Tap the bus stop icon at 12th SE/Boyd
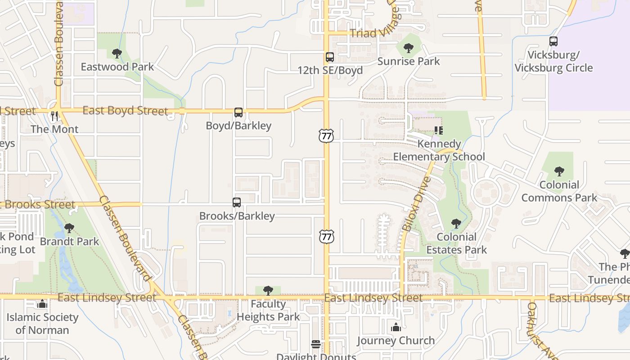coord(330,57)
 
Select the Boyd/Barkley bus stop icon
coord(238,112)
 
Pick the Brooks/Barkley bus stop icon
coord(237,202)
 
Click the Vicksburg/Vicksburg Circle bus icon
coord(553,41)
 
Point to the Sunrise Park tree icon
coord(409,48)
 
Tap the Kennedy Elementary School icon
coord(439,130)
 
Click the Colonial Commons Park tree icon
coord(559,171)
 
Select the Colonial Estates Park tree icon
coord(456,223)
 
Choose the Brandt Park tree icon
coord(69,228)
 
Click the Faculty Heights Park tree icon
coord(268,290)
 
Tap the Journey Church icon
coord(396,327)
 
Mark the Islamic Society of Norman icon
coord(42,304)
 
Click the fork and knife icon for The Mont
coord(54,116)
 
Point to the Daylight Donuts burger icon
coord(316,344)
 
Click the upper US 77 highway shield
coord(326,135)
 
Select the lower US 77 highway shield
coord(327,236)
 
